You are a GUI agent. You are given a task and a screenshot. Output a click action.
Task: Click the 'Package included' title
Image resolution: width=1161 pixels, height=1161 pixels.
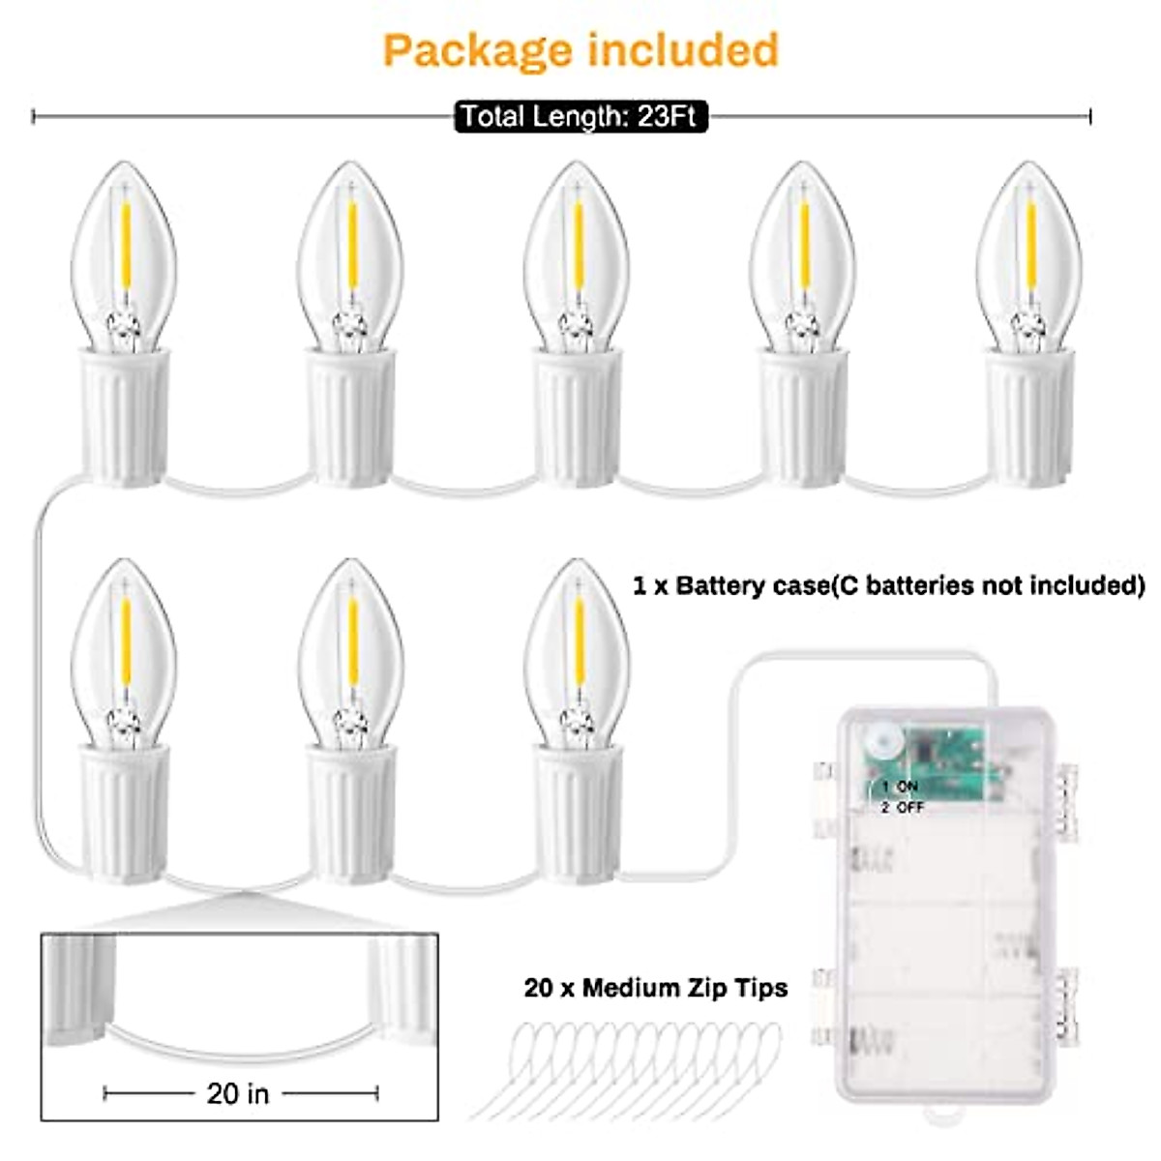tap(580, 50)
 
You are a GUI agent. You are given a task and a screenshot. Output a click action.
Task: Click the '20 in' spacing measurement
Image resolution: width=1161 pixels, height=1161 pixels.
tap(238, 1093)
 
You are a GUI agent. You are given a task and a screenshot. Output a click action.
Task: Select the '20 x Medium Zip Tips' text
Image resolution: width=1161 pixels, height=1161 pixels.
tap(655, 988)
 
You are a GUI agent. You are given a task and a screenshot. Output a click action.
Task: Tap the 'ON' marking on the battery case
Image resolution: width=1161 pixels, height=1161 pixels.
tap(907, 787)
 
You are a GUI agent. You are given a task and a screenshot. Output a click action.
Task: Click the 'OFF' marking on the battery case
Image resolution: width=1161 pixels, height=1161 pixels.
tap(909, 807)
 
